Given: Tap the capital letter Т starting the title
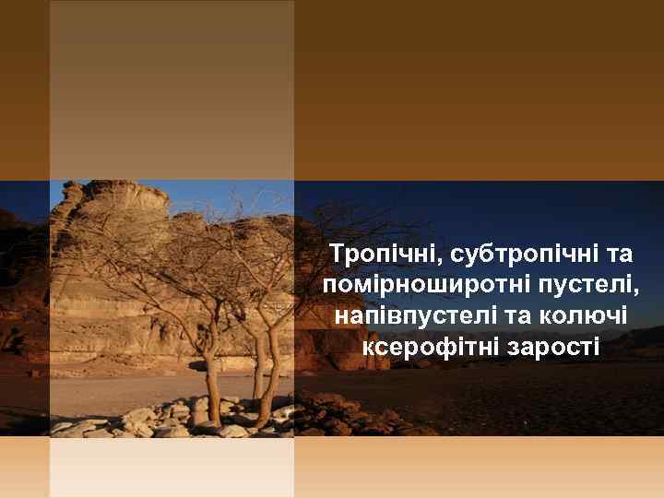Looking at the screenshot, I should click(338, 253).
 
